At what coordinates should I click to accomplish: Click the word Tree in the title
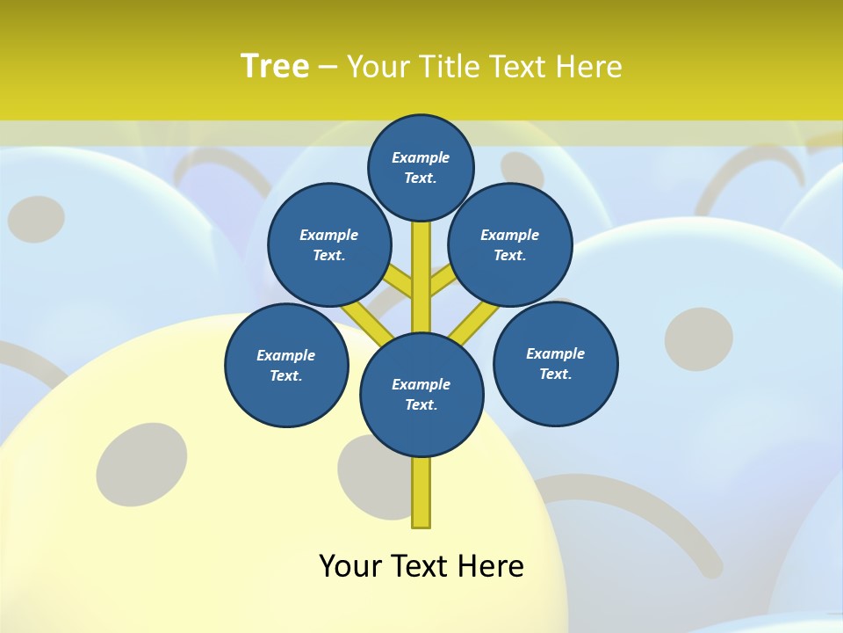pos(275,67)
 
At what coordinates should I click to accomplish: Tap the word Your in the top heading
pos(379,67)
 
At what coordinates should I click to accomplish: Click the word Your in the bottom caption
pos(352,566)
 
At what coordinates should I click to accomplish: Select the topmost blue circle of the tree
pos(421,167)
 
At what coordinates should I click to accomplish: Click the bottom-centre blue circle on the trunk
pos(421,395)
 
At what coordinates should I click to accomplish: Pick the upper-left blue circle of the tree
pos(329,245)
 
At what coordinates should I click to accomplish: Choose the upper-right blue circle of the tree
pos(510,245)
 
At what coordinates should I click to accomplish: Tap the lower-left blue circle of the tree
pos(286,366)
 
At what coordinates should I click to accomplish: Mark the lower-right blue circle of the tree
pos(555,364)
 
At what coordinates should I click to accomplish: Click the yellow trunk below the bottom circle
pos(421,492)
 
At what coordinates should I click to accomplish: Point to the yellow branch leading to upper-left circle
pos(400,283)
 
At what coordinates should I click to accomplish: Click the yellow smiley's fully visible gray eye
pos(141,464)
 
